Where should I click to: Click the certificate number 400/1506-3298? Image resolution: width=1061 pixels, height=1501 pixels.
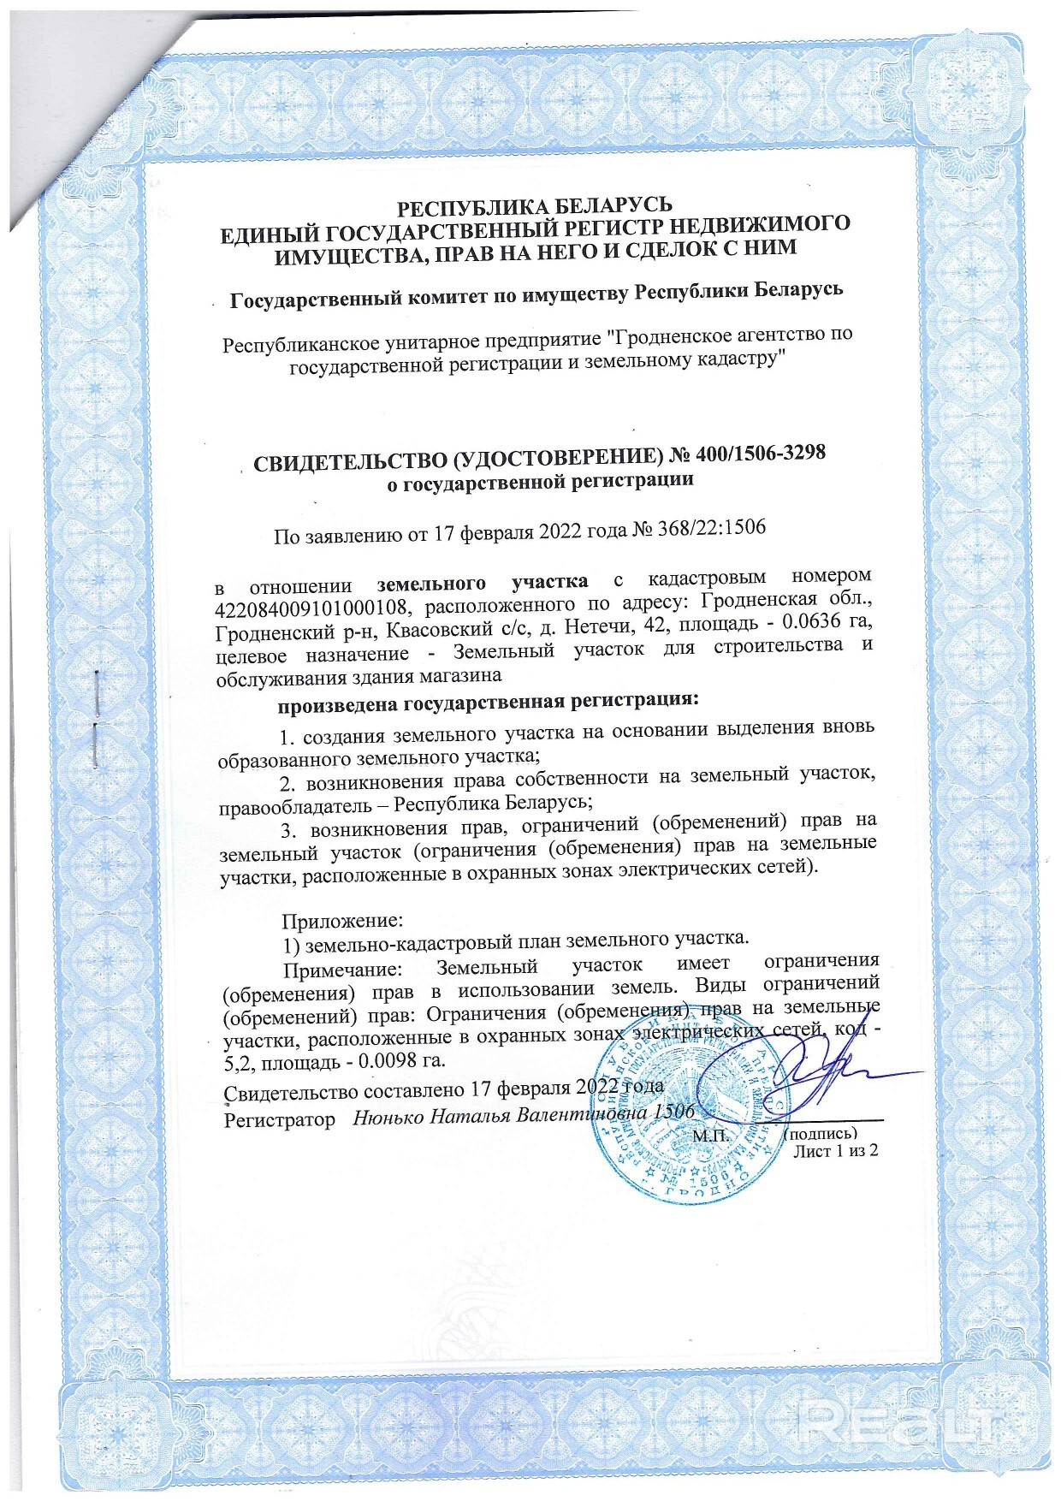pos(762,454)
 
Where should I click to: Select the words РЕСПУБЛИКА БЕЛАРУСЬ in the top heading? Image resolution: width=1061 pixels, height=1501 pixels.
pos(536,206)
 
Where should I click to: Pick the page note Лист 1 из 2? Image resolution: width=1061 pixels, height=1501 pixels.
pos(836,1151)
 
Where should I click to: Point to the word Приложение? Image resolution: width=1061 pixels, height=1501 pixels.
pos(342,922)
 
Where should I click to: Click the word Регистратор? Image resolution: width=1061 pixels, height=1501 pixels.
pos(279,1118)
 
